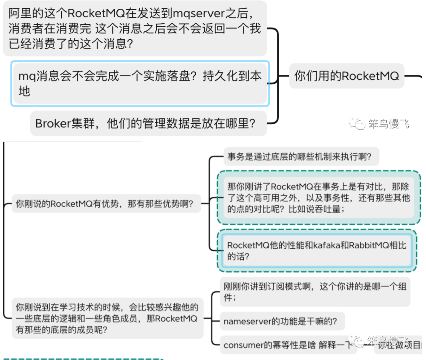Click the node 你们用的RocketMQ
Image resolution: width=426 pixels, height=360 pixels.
click(x=346, y=76)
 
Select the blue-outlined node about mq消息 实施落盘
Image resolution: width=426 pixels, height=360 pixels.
click(x=140, y=83)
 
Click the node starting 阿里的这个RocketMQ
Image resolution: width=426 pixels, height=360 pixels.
click(x=135, y=29)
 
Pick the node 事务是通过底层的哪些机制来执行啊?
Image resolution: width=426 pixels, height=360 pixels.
click(x=299, y=156)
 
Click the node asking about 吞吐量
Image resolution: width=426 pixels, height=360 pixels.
click(x=319, y=198)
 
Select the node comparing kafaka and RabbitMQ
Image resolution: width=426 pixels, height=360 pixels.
click(x=317, y=251)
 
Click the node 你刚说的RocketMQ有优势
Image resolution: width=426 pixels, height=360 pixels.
click(x=105, y=204)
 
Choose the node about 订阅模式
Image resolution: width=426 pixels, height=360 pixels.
click(x=315, y=292)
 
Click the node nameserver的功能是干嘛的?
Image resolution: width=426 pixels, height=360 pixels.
click(x=280, y=321)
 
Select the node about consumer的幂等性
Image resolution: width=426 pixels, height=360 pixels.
click(x=288, y=345)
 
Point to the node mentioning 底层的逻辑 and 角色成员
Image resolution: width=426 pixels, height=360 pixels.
click(x=107, y=318)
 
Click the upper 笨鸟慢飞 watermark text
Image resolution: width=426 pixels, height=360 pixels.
click(x=389, y=124)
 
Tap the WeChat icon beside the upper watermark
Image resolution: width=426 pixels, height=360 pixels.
click(x=357, y=123)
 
